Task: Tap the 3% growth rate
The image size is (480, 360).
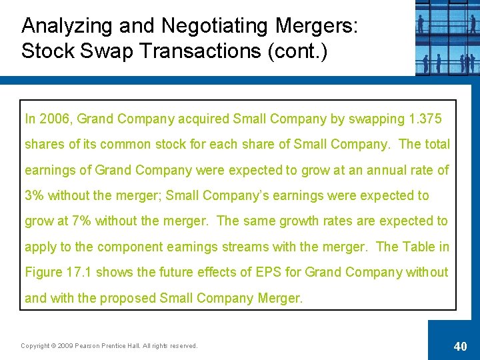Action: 34,196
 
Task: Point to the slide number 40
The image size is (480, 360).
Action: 460,346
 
